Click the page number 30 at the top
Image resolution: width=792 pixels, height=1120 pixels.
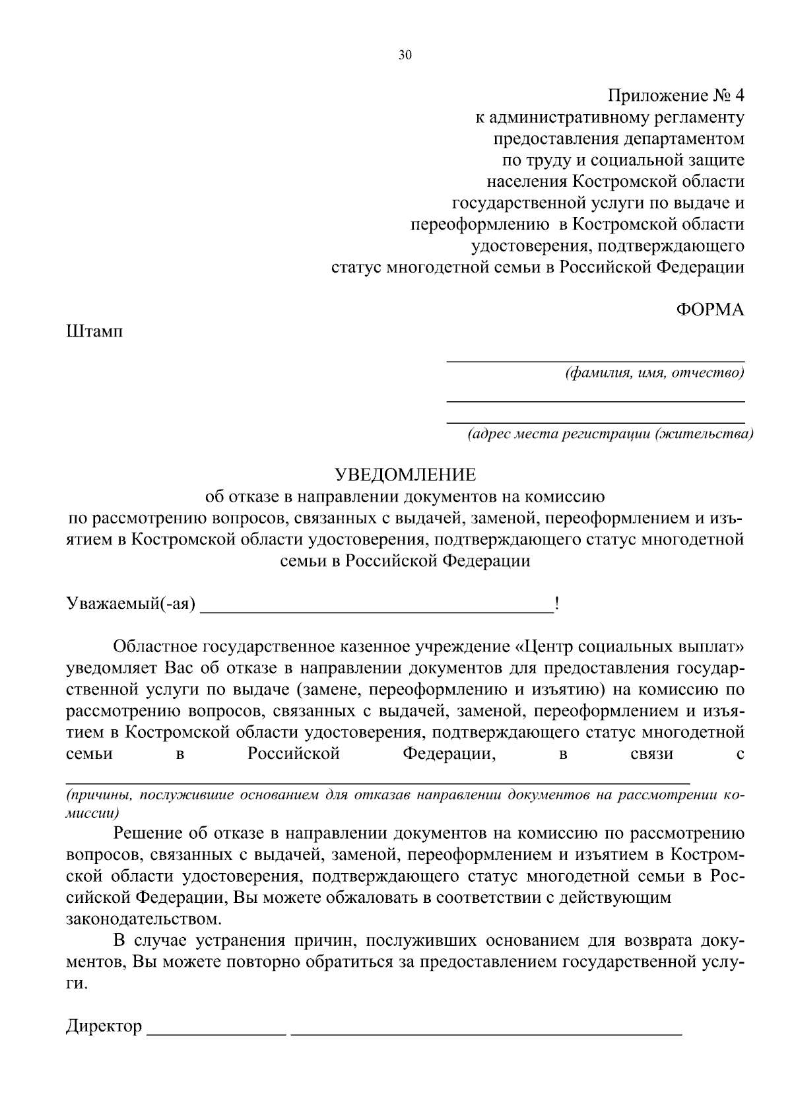point(405,55)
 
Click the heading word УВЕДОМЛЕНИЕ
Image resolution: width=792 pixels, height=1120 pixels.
point(405,475)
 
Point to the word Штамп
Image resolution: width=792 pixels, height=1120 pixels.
point(94,331)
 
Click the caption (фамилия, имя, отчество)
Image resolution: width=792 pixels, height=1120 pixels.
point(654,374)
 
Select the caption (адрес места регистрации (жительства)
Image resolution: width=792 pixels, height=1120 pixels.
point(609,434)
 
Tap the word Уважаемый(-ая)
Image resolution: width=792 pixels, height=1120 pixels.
point(131,604)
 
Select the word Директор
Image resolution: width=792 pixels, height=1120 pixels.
point(104,1026)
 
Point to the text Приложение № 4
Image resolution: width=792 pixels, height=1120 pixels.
point(675,96)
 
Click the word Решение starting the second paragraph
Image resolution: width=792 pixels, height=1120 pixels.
point(147,834)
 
